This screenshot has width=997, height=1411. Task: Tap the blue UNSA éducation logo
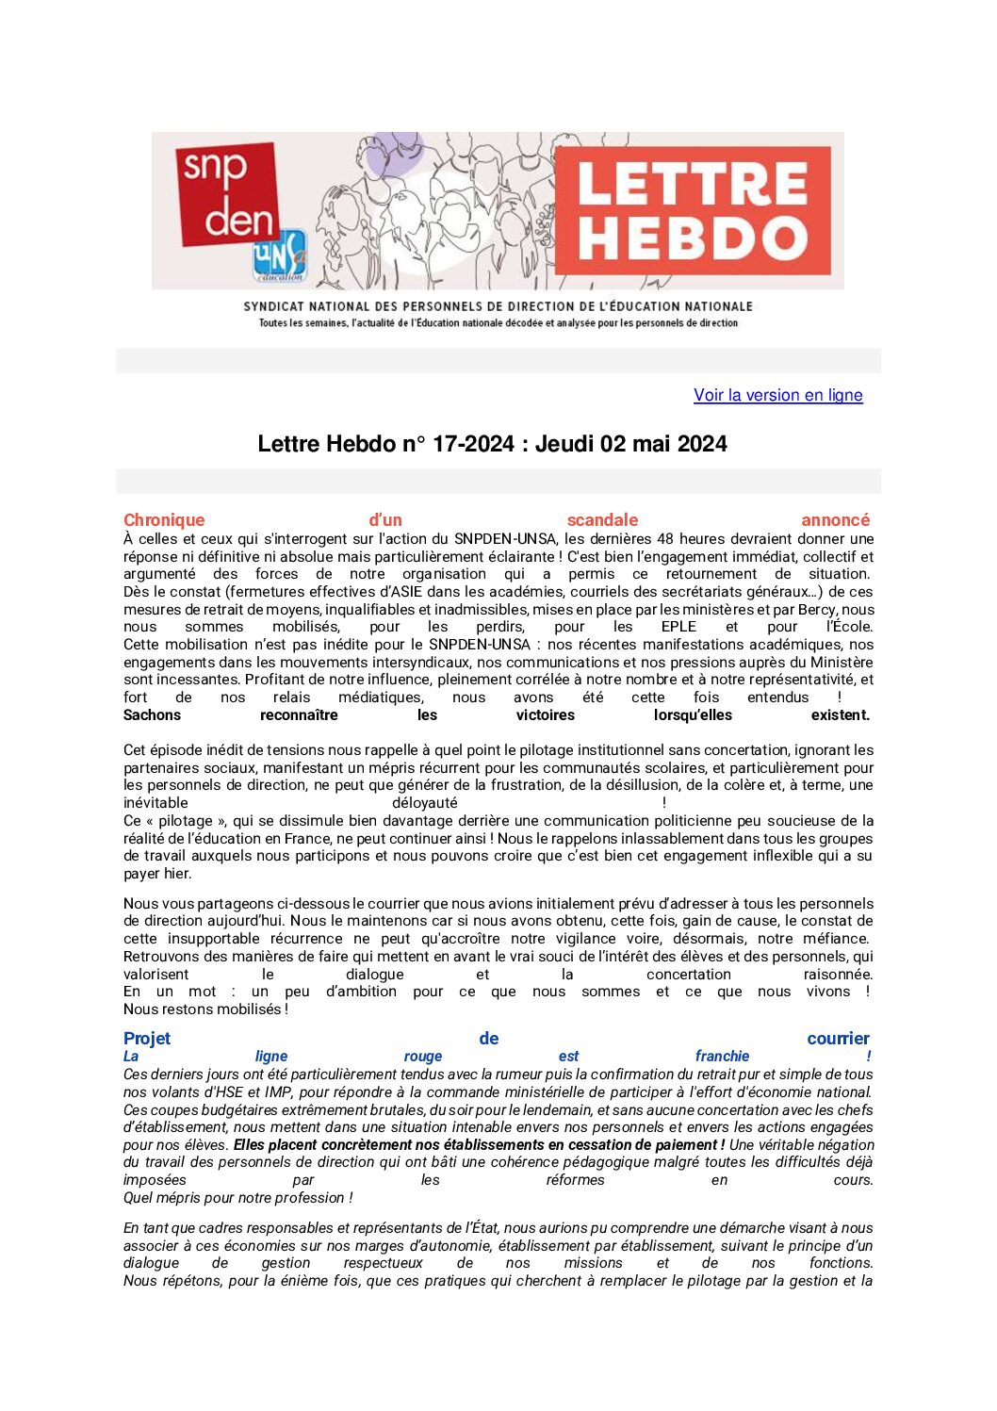click(x=280, y=254)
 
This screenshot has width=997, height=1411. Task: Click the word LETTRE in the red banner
click(x=692, y=184)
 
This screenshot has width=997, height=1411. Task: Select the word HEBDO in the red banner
click(x=692, y=238)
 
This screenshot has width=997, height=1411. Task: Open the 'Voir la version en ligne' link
click(x=777, y=395)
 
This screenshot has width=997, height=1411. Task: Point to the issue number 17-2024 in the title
click(x=473, y=444)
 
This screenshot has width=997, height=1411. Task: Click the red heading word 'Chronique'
click(x=164, y=520)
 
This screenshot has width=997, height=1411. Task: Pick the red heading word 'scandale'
click(x=602, y=520)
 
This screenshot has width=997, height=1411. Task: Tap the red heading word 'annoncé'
click(x=835, y=520)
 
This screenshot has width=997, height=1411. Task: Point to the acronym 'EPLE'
click(x=678, y=627)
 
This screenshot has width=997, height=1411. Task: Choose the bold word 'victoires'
click(x=545, y=715)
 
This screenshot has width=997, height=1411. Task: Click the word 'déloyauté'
click(x=424, y=803)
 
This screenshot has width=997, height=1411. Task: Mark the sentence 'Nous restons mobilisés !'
click(x=205, y=1009)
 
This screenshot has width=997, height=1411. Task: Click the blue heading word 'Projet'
click(x=147, y=1039)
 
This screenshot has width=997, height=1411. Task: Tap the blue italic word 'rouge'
click(x=423, y=1057)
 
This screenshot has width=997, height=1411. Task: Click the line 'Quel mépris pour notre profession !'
click(x=238, y=1198)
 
